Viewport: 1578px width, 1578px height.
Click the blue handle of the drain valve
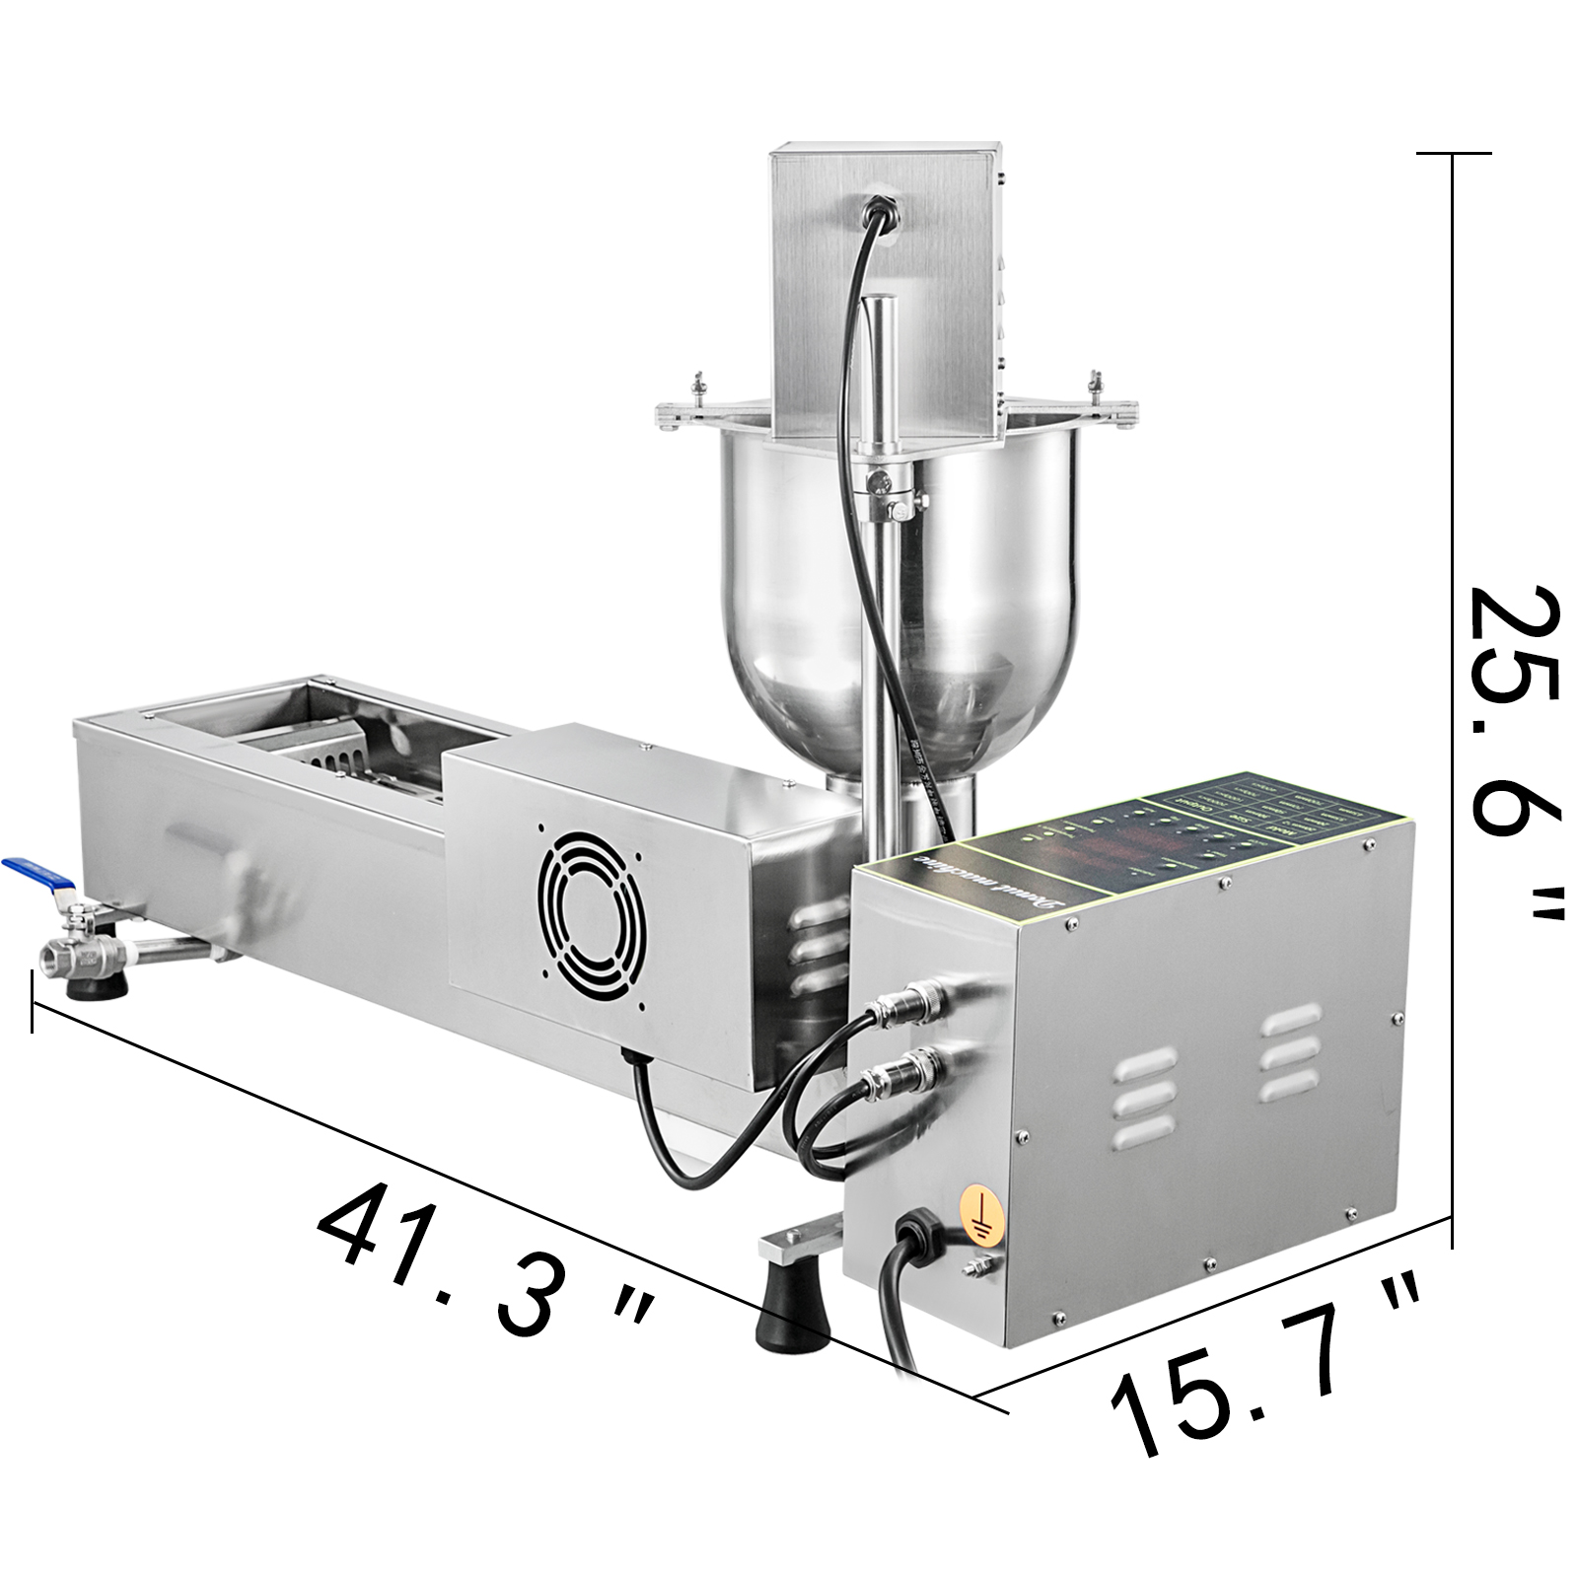tap(38, 874)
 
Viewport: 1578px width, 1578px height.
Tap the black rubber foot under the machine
tap(792, 1315)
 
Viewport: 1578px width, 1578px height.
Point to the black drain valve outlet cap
tap(96, 986)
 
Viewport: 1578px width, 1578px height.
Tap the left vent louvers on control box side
tap(1144, 1095)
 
